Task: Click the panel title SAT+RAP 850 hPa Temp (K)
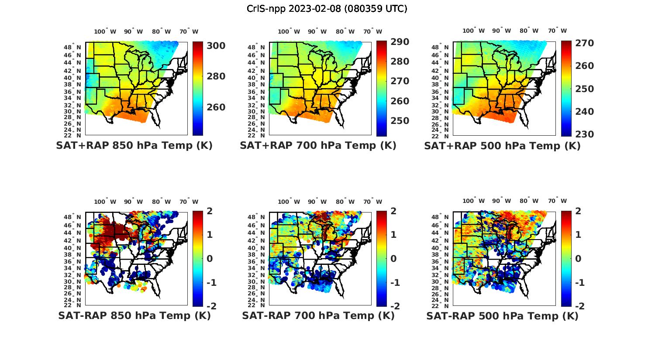tap(134, 146)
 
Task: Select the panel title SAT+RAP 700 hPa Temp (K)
tap(318, 146)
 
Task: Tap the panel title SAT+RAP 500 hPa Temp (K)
tap(502, 146)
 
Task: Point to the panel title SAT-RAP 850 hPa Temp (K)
tap(134, 316)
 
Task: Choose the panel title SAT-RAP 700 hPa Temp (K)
tap(318, 316)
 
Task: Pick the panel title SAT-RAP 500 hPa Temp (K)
tap(502, 316)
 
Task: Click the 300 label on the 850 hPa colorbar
tap(216, 46)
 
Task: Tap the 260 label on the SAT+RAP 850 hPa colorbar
tap(216, 107)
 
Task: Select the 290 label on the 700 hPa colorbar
tap(400, 42)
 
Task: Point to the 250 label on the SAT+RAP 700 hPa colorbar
tap(400, 121)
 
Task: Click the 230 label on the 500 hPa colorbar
tap(584, 134)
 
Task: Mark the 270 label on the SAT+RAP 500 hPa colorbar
tap(584, 43)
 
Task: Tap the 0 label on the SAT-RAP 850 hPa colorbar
tap(209, 259)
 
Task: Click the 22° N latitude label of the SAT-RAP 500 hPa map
tap(441, 305)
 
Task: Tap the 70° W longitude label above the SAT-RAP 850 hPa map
tap(189, 202)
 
